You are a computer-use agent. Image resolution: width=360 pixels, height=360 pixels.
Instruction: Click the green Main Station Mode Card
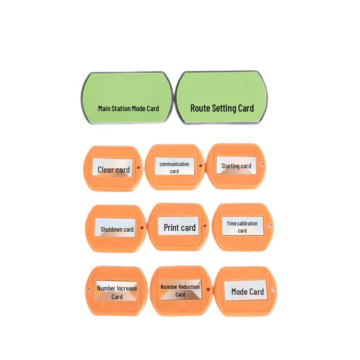(127, 98)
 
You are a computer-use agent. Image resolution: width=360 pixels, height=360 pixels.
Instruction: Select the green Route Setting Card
(221, 98)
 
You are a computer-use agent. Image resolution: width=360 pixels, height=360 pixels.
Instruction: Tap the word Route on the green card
(199, 108)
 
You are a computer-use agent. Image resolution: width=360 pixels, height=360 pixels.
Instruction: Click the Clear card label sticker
(113, 167)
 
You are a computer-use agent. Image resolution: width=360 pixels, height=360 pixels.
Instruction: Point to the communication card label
(175, 166)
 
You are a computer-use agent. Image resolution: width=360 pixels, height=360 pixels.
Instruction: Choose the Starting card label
(237, 165)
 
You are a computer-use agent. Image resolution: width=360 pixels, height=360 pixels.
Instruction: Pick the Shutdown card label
(116, 228)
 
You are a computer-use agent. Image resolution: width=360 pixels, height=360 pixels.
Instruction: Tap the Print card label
(179, 226)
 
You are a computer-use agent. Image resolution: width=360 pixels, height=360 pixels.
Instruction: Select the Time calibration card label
(243, 226)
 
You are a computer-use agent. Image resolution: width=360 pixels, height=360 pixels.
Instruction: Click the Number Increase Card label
(117, 291)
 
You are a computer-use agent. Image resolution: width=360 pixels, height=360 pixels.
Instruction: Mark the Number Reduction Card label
(181, 290)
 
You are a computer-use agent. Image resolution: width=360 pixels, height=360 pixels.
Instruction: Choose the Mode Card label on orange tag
(246, 290)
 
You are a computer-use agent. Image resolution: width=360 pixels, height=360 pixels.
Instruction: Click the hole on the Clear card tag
(139, 167)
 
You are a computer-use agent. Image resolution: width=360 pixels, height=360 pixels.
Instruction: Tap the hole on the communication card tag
(200, 166)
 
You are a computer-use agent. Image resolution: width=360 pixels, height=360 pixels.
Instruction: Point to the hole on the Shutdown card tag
(142, 228)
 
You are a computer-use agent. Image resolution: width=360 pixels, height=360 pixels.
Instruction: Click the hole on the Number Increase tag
(89, 290)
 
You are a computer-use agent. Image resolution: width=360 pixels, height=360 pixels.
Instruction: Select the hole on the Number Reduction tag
(208, 289)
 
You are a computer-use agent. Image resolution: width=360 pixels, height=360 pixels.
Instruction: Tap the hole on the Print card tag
(205, 226)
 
